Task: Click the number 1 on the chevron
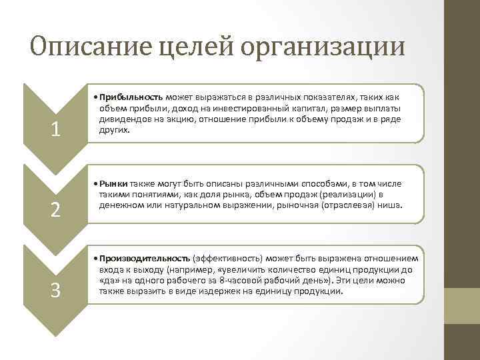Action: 56,130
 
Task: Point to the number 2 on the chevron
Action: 56,210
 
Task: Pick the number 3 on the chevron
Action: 56,291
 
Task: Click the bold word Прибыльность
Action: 133,97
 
